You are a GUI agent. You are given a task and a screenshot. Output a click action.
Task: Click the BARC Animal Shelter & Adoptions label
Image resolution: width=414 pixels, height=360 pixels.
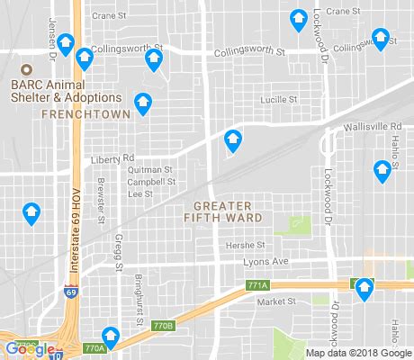[67, 90]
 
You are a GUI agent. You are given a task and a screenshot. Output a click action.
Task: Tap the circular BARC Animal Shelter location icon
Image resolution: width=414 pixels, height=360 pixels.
[25, 70]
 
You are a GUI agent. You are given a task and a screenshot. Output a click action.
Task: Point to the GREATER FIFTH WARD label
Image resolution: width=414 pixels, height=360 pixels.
[223, 211]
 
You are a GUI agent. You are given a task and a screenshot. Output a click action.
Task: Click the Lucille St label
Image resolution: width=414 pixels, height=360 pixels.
[277, 100]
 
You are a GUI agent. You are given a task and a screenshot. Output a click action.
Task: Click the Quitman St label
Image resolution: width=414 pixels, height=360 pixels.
[149, 169]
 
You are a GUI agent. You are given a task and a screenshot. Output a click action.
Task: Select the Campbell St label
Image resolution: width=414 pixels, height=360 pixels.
[150, 181]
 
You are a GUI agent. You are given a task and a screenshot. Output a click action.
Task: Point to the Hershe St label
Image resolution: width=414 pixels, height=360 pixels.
[246, 244]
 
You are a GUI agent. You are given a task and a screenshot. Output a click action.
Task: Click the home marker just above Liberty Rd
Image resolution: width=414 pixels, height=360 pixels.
[233, 140]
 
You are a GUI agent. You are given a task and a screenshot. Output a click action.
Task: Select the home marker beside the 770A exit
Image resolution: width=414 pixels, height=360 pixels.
[111, 334]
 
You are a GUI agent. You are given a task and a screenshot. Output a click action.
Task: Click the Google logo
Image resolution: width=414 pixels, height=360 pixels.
[27, 348]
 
